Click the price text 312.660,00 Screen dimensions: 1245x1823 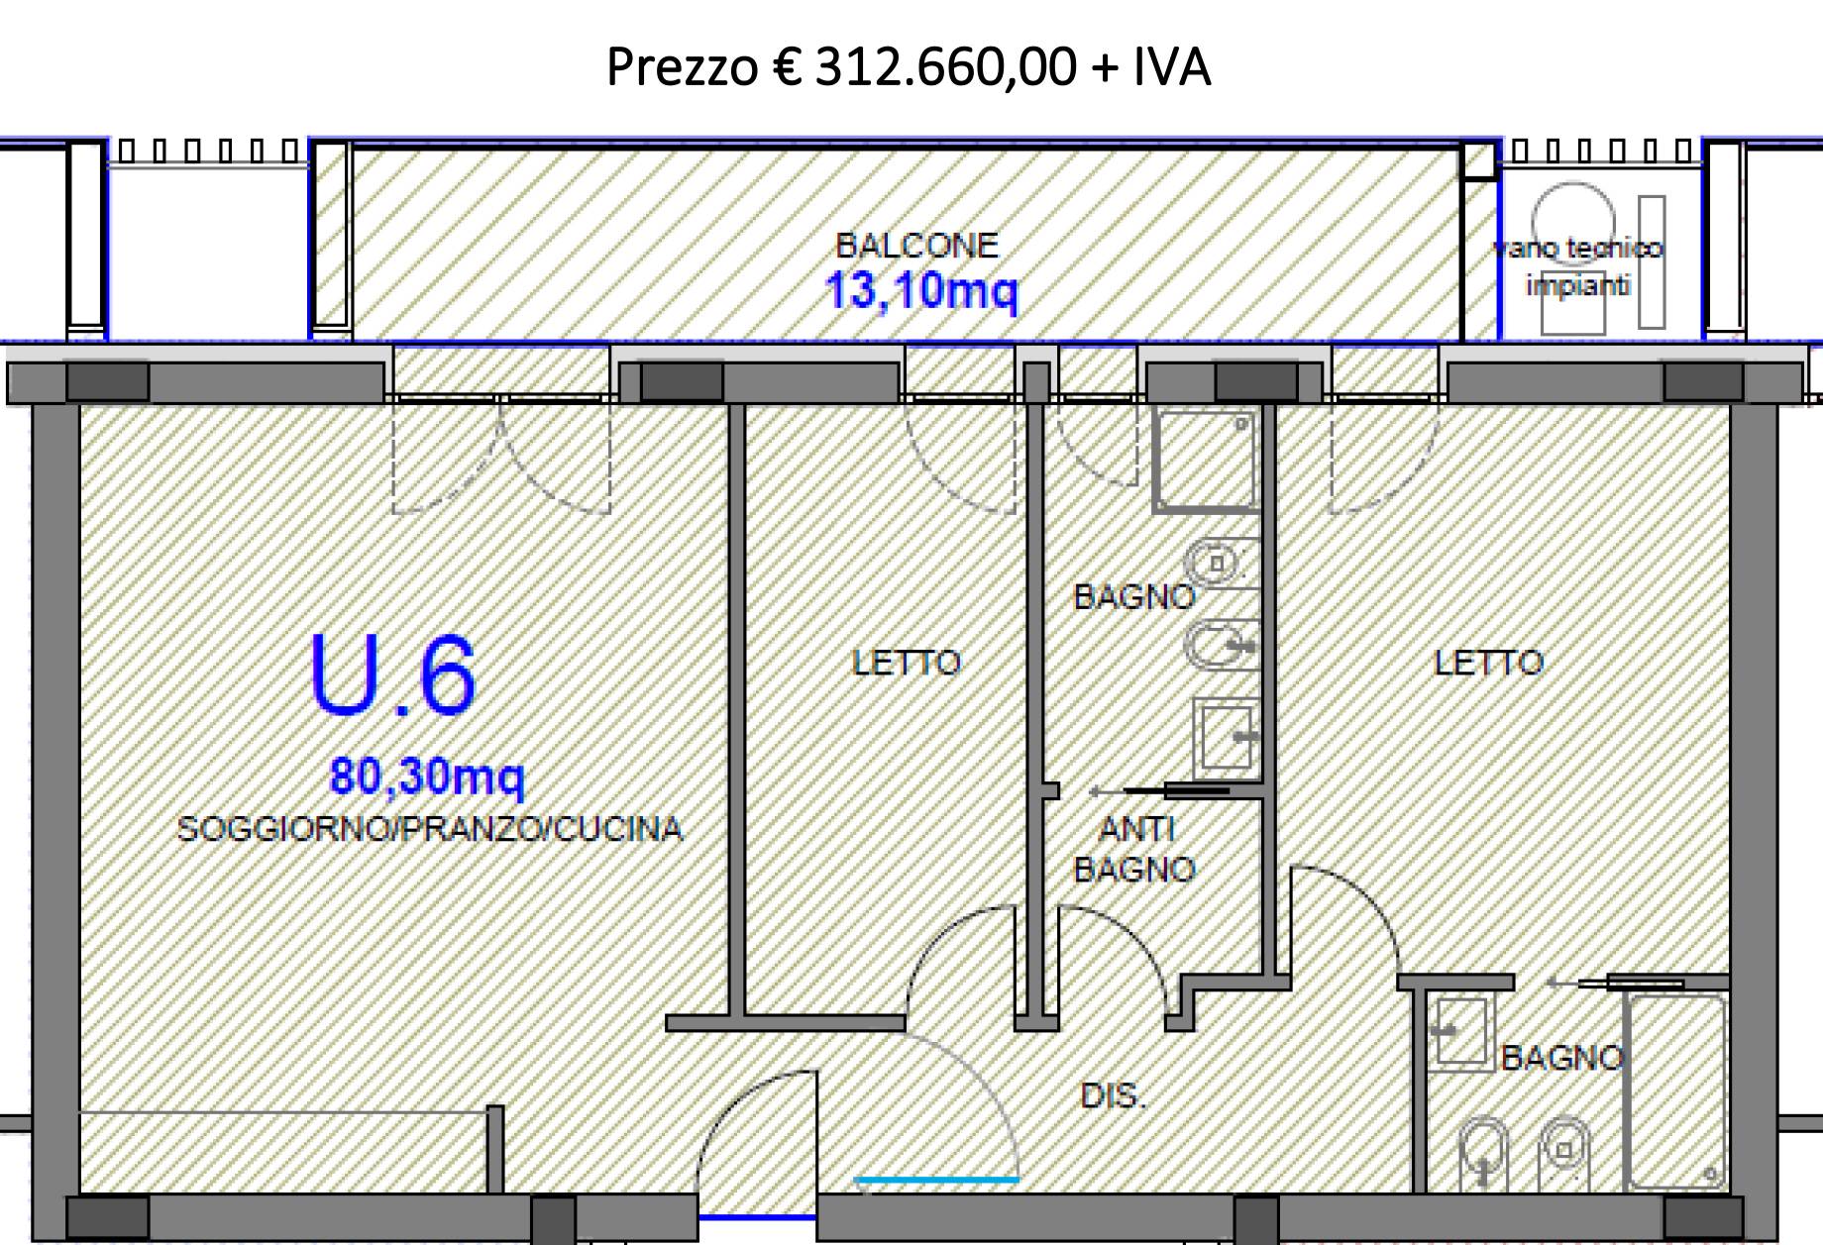945,67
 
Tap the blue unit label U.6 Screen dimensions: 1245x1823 392,675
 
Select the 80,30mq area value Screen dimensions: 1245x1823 427,776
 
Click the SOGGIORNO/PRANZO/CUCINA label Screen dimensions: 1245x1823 429,828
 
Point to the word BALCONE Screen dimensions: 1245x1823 916,245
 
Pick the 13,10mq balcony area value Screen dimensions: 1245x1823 921,291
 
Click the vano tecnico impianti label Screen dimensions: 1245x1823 1578,266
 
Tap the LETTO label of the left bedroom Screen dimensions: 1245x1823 907,662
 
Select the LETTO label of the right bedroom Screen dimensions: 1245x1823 1488,662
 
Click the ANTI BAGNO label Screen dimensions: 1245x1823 1135,849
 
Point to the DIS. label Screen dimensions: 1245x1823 1112,1095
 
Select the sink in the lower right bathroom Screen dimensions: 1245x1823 1459,1032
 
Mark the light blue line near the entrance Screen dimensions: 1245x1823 935,1180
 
